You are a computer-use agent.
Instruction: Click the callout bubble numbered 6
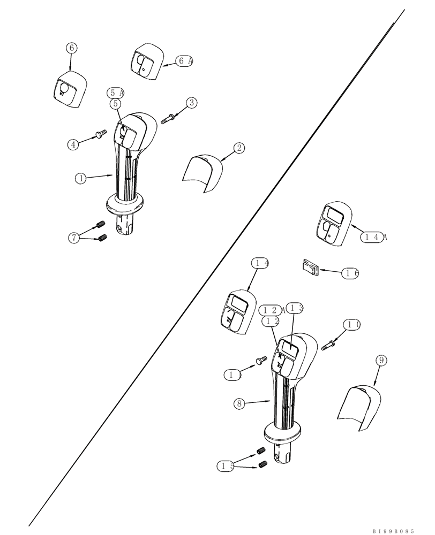[x=72, y=48]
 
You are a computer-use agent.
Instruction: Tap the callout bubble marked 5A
[x=115, y=93]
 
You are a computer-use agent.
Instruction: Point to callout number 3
[x=192, y=102]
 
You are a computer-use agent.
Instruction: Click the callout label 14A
[x=373, y=238]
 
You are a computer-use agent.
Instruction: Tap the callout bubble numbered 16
[x=351, y=273]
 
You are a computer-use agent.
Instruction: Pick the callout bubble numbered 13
[x=296, y=308]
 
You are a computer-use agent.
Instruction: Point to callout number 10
[x=353, y=324]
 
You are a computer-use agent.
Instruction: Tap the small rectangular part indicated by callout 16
[x=310, y=267]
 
